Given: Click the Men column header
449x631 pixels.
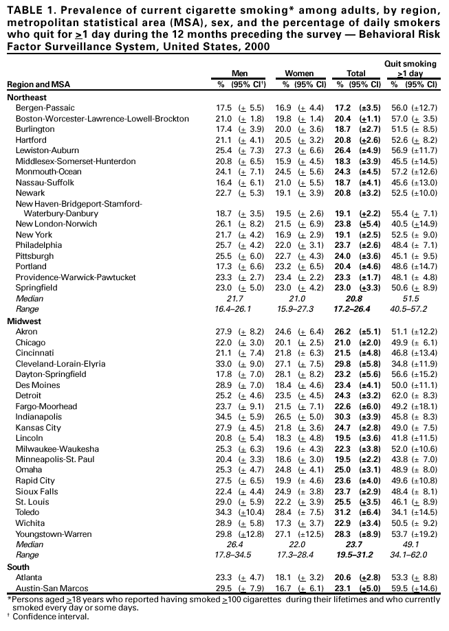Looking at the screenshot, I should click(239, 73).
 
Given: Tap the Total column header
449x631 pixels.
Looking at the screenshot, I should click(356, 73).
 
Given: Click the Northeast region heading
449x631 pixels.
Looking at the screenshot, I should click(27, 97).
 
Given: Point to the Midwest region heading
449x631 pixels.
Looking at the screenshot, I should click(24, 321).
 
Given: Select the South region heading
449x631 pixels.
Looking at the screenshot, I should click(19, 567).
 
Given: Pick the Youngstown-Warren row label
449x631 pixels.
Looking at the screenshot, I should click(51, 535).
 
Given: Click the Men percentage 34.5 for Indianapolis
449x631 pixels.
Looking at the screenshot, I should click(224, 417).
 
